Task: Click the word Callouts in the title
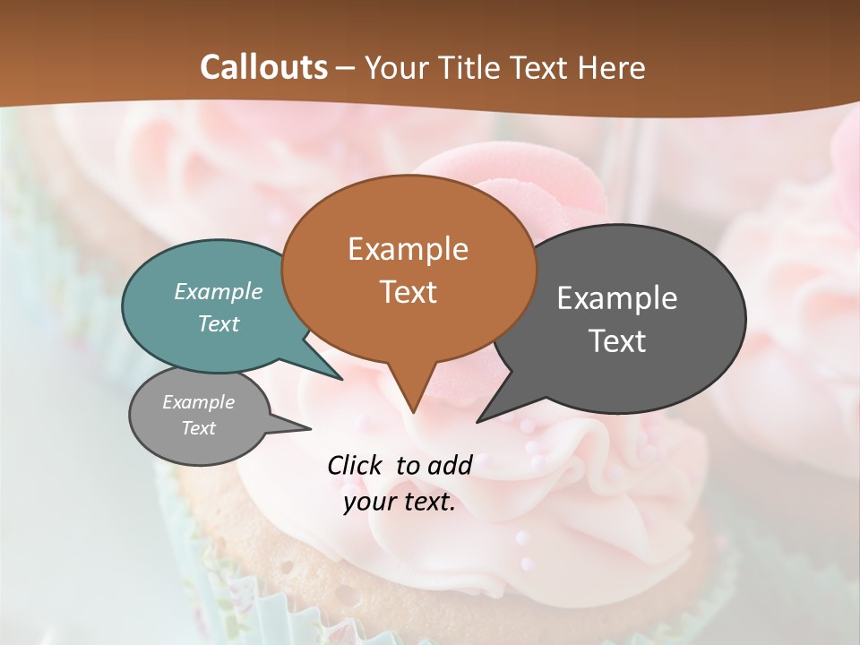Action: point(263,67)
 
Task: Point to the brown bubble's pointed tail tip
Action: point(413,412)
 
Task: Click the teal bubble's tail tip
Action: point(342,379)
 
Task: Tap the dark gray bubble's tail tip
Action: point(478,421)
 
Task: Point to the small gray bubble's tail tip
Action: point(310,428)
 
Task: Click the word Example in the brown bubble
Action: point(408,249)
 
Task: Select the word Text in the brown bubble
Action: point(408,292)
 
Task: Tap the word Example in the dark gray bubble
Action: point(617,298)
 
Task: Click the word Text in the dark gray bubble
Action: point(617,341)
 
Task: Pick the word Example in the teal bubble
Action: point(219,292)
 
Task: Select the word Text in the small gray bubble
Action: point(198,428)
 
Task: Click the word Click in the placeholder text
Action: point(357,465)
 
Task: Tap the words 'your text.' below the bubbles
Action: point(400,503)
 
